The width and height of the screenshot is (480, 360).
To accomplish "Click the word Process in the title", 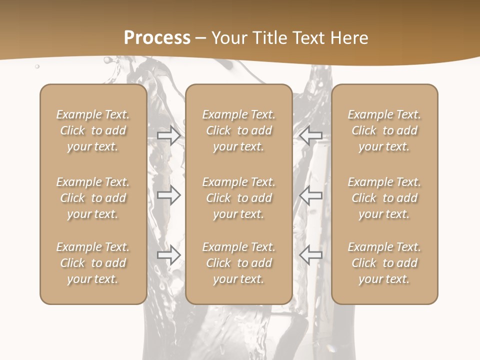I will pyautogui.click(x=157, y=37).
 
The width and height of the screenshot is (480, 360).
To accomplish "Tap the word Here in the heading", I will pyautogui.click(x=348, y=37).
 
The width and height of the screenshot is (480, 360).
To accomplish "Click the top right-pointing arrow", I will pyautogui.click(x=169, y=135).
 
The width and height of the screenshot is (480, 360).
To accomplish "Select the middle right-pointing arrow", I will pyautogui.click(x=169, y=195).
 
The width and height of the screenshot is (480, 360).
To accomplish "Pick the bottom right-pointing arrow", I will pyautogui.click(x=169, y=255).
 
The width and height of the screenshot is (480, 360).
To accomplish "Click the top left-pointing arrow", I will pyautogui.click(x=310, y=135).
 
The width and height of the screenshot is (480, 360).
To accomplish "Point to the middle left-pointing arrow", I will pyautogui.click(x=310, y=195).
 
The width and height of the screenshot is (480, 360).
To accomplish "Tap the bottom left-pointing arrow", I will pyautogui.click(x=310, y=255).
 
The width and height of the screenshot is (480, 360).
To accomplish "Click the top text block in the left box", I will pyautogui.click(x=93, y=130).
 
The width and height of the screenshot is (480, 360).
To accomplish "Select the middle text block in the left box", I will pyautogui.click(x=93, y=198).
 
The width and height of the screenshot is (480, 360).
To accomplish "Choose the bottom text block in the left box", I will pyautogui.click(x=93, y=263).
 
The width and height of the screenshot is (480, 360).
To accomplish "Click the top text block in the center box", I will pyautogui.click(x=239, y=130).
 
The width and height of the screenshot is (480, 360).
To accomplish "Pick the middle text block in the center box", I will pyautogui.click(x=239, y=198).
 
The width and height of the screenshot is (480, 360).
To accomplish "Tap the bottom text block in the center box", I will pyautogui.click(x=239, y=263).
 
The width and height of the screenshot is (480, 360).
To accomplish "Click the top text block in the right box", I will pyautogui.click(x=384, y=130).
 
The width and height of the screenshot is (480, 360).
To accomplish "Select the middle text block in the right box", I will pyautogui.click(x=384, y=198).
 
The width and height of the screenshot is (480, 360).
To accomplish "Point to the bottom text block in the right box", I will pyautogui.click(x=384, y=263).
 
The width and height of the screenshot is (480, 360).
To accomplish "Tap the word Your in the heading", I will pyautogui.click(x=229, y=37).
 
